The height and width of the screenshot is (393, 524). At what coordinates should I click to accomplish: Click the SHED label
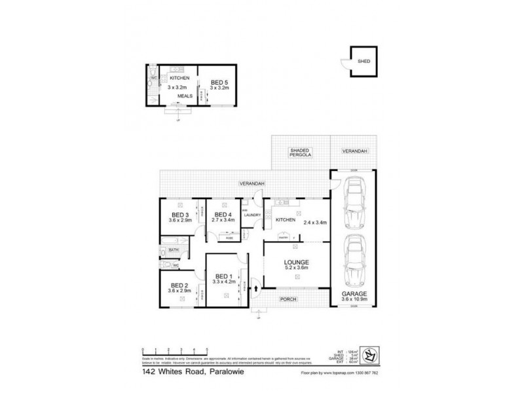click(364, 62)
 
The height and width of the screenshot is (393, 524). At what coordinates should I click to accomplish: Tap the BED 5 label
click(217, 83)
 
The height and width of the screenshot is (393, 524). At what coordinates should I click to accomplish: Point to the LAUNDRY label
click(252, 215)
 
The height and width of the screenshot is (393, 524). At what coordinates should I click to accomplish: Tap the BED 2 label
click(179, 285)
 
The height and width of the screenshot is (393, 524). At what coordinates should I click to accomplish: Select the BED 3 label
click(180, 214)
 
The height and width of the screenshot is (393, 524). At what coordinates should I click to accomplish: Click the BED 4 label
click(223, 214)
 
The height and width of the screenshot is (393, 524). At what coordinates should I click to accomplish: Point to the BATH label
click(174, 250)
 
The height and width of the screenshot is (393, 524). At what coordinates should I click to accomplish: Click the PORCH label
click(289, 299)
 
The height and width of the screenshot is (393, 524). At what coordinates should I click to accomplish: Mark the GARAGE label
click(354, 293)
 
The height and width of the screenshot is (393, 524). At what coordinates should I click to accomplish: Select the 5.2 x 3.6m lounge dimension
click(297, 269)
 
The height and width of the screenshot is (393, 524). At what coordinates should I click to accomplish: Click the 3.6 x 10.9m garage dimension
click(354, 300)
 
